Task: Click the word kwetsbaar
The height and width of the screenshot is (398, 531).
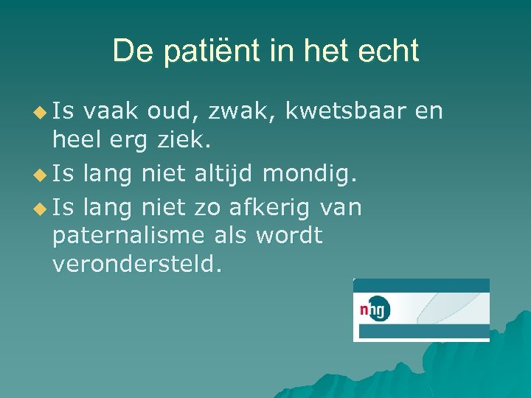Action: [x=345, y=111]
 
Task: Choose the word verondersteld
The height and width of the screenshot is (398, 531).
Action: [x=136, y=263]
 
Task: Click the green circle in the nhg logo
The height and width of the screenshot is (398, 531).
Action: [x=379, y=310]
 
